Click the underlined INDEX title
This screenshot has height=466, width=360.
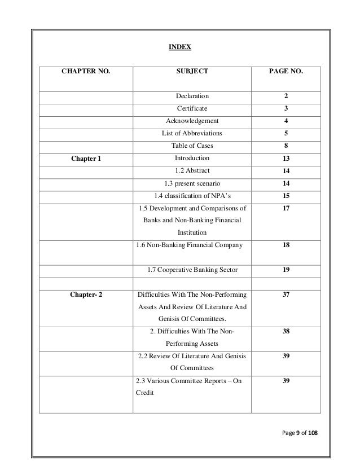(181, 47)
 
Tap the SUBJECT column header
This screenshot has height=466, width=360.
(192, 72)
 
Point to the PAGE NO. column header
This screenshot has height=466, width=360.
(287, 72)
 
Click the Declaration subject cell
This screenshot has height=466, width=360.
(192, 96)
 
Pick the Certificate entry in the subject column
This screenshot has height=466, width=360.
(192, 108)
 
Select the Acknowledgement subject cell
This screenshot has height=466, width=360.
(192, 121)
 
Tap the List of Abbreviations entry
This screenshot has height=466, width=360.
(192, 133)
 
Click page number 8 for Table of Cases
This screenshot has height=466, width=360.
(287, 146)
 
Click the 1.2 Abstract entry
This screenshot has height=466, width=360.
(192, 170)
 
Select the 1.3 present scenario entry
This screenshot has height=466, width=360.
(192, 183)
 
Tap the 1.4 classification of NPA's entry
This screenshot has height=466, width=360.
(192, 196)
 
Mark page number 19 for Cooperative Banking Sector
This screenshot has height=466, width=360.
(287, 270)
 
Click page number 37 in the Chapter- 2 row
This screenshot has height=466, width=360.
(287, 294)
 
